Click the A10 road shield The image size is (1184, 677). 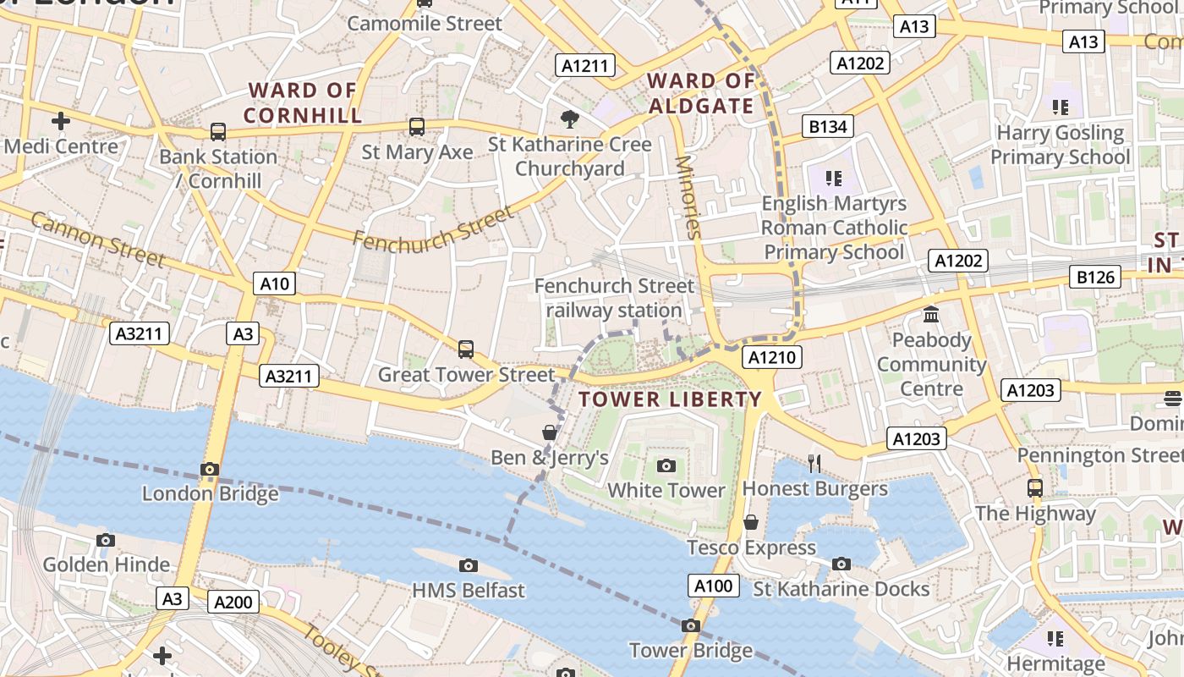coord(275,283)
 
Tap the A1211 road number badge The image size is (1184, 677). coord(585,65)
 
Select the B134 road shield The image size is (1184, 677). coord(828,127)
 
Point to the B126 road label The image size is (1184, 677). coord(1096,277)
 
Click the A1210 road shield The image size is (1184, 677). coord(772,357)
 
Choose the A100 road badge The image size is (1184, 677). coord(714,586)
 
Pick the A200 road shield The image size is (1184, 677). coord(233,603)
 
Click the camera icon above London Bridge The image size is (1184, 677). coord(210,469)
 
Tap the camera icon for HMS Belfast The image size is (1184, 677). coord(469,565)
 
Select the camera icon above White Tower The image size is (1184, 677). coord(666,465)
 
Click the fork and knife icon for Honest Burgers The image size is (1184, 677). coord(814,463)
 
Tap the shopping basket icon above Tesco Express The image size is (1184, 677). coord(750,522)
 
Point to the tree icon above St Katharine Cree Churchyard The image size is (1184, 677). coord(570,118)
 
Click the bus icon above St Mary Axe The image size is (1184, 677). coord(417,127)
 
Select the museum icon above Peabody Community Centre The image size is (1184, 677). coord(931,315)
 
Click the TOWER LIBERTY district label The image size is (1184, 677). coord(671,399)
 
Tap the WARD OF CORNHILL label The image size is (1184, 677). coord(303,102)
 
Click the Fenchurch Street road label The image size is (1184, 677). coord(434,228)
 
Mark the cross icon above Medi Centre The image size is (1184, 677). coord(61,121)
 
